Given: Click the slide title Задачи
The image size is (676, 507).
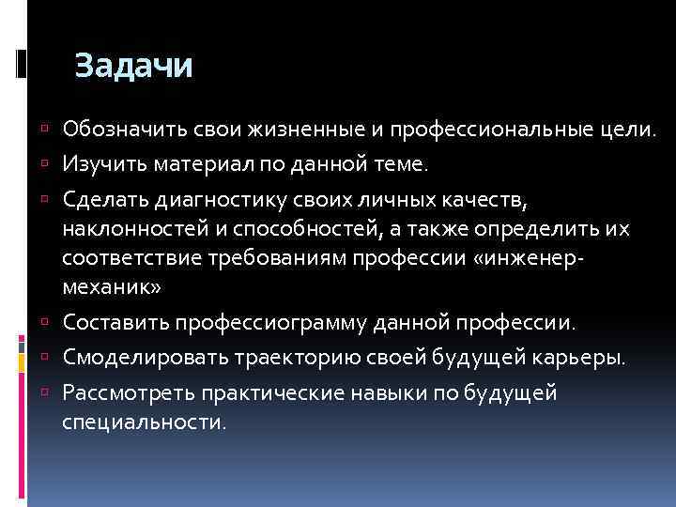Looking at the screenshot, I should point(133,67).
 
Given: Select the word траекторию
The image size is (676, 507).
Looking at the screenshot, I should point(286,361).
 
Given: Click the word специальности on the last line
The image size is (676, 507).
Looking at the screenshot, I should point(144,422).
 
